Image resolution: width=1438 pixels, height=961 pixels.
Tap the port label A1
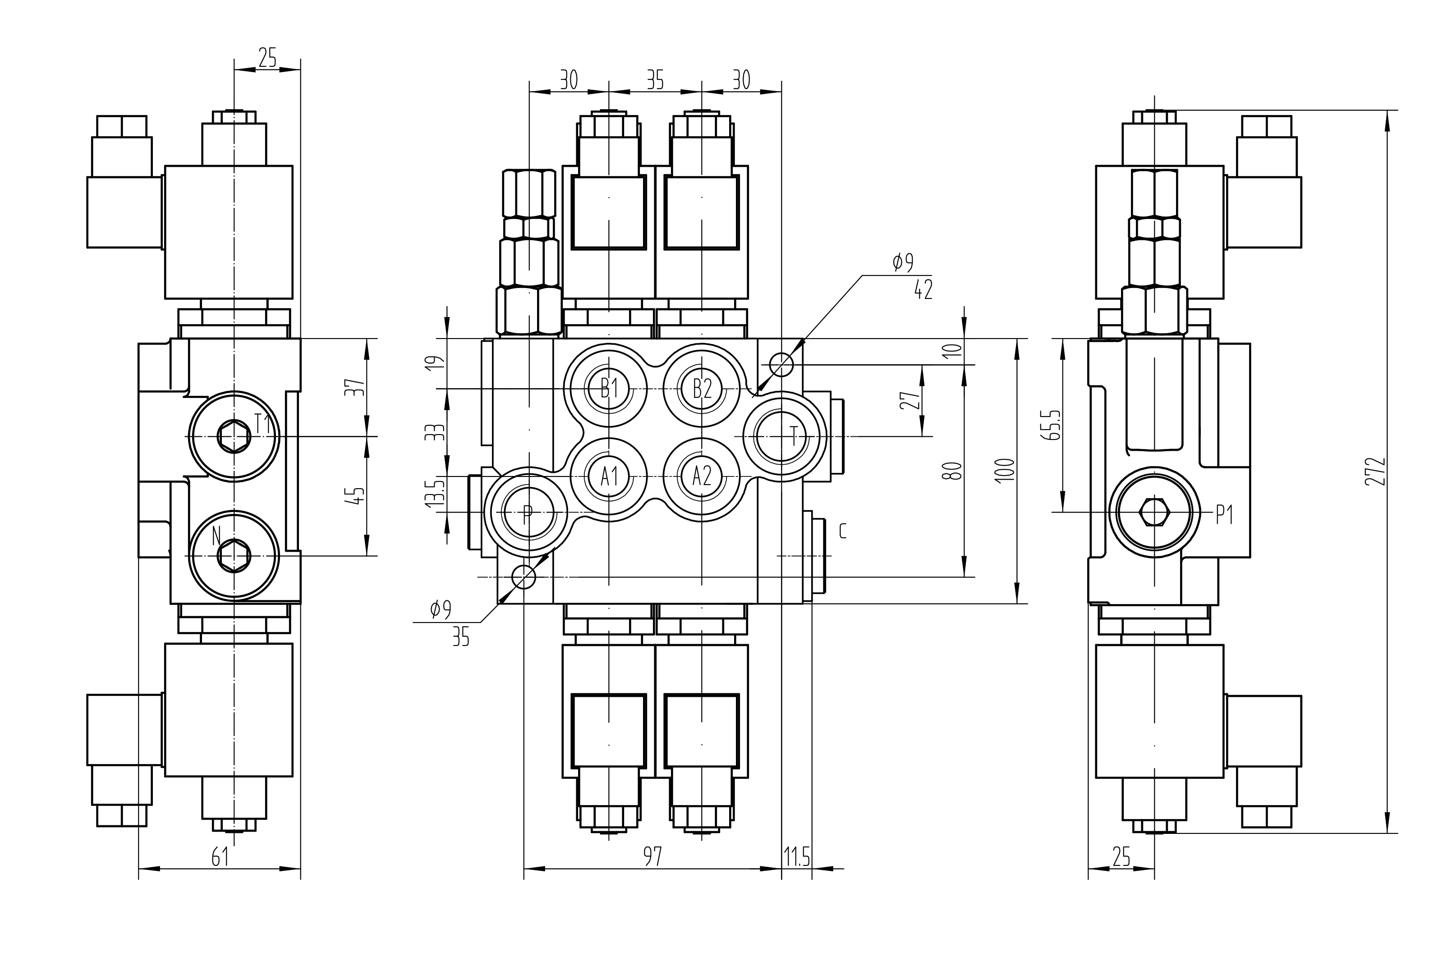(x=609, y=476)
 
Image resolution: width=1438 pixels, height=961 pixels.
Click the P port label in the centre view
(x=527, y=513)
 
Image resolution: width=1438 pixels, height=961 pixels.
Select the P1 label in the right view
(x=1224, y=516)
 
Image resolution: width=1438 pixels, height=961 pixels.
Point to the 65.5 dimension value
(x=1053, y=425)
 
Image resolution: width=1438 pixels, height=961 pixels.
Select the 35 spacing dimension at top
(x=655, y=80)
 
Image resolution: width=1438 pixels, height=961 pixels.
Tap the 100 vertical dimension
(x=1005, y=471)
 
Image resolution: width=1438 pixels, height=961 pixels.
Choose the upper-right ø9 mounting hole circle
(x=781, y=365)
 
